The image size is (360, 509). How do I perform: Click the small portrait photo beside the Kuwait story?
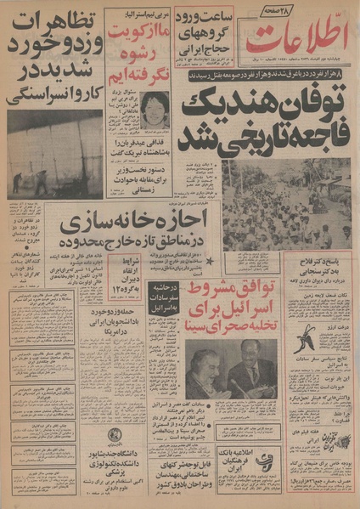[x=154, y=110]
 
